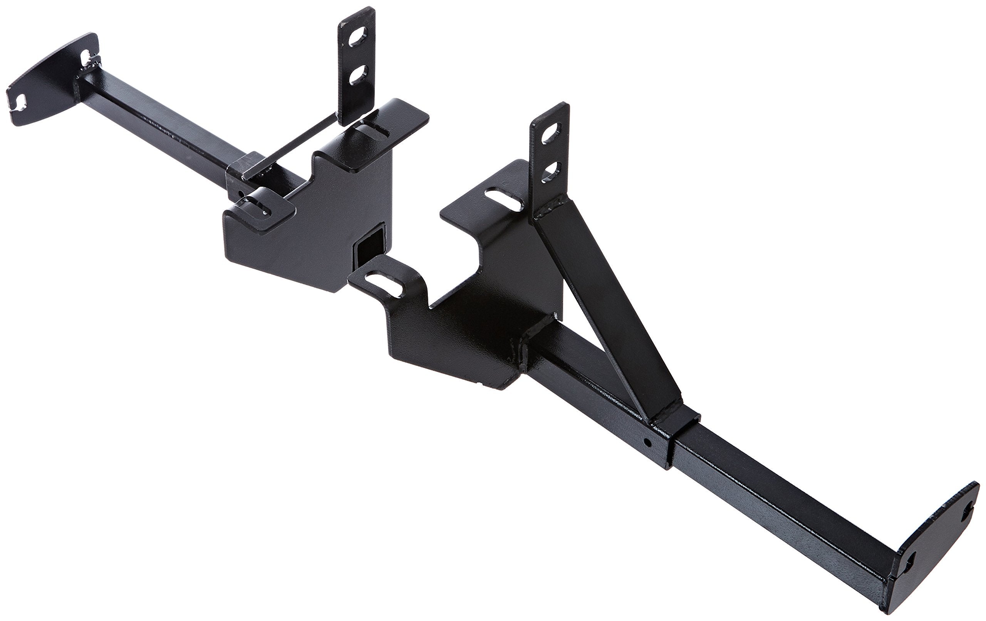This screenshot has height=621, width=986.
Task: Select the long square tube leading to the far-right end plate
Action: (x=778, y=499)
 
